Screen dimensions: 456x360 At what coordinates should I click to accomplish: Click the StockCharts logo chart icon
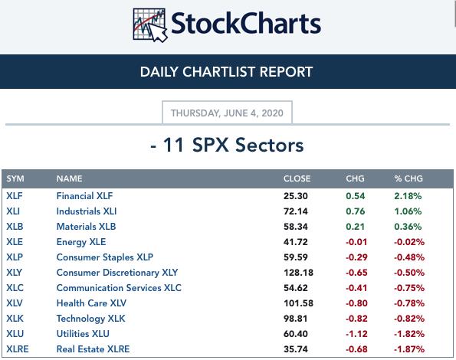[149, 25]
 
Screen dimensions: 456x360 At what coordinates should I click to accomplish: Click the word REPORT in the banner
[286, 72]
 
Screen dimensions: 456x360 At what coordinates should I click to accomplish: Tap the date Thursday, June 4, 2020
[227, 113]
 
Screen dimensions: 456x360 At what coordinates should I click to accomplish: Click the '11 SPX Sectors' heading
[233, 145]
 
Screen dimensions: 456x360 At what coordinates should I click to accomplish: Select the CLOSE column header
[297, 178]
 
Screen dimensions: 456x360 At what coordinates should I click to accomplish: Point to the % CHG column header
[408, 178]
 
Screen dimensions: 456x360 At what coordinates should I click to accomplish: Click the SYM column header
[15, 178]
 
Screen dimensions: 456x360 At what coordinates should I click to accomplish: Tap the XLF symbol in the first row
[15, 196]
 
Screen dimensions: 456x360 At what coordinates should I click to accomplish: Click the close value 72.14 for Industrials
[296, 211]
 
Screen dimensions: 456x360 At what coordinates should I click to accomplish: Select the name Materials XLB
[86, 227]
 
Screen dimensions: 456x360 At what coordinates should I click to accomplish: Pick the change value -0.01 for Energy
[356, 242]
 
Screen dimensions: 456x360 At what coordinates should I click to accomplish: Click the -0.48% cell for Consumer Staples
[409, 257]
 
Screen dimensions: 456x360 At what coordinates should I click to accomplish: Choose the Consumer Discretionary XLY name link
[117, 273]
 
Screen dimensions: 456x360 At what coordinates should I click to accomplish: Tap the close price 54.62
[296, 288]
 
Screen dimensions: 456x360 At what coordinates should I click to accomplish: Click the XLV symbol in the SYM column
[15, 303]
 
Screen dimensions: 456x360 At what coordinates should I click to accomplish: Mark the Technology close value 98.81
[296, 319]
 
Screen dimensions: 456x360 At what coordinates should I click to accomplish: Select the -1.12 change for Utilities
[356, 334]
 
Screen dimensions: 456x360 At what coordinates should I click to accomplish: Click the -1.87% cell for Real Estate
[409, 349]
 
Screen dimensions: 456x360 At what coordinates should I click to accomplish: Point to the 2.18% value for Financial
[408, 196]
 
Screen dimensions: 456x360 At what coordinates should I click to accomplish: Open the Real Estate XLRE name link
[93, 349]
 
